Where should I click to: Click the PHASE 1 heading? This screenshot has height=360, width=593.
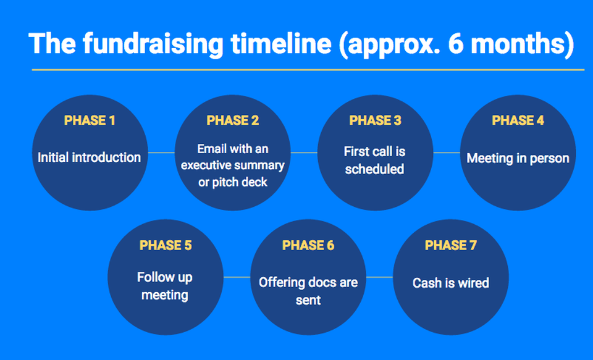(90, 120)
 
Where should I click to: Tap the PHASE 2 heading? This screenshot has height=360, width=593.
(233, 120)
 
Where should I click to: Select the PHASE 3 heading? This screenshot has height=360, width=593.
(375, 120)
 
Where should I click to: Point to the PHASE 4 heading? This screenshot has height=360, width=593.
(518, 120)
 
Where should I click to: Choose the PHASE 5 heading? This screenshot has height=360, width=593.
(166, 245)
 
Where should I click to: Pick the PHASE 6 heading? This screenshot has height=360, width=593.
(308, 245)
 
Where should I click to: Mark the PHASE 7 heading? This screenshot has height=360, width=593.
(451, 245)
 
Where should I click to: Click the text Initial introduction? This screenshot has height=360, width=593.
(89, 157)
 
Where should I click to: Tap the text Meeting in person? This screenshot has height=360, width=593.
(518, 158)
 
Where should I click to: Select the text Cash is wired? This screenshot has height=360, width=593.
(451, 283)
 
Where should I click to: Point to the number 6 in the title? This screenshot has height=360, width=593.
(456, 44)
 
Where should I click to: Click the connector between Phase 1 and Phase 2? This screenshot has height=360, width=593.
(161, 153)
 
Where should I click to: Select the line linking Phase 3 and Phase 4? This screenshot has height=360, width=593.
(447, 153)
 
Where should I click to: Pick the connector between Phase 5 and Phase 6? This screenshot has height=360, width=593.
(237, 277)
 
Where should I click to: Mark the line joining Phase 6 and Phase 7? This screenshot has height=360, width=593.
(380, 277)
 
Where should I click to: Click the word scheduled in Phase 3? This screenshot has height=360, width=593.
(374, 169)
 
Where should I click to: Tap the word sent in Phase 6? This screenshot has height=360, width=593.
(308, 300)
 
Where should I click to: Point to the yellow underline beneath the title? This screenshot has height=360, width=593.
(308, 70)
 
